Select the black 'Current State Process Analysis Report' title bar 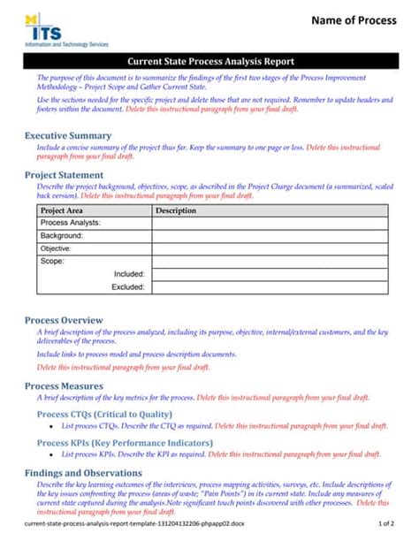coord(210,62)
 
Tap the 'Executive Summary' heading coord(67,135)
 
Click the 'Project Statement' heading coord(65,175)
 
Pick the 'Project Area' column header coord(62,211)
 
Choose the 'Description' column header coord(176,211)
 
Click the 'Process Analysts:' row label coord(71,224)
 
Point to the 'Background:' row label coord(61,236)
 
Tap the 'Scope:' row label coord(52,262)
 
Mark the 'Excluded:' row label coord(128,287)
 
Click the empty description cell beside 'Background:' coord(270,236)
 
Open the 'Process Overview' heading coord(64,320)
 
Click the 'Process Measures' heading coord(64,386)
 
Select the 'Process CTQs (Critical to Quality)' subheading coord(104,414)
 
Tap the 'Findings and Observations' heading coord(83,473)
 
